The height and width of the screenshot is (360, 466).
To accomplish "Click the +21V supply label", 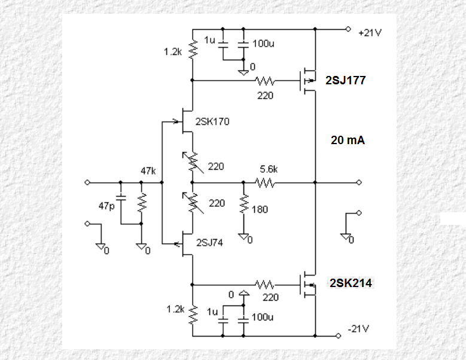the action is [370, 33].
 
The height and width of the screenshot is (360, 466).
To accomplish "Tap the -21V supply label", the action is [358, 329].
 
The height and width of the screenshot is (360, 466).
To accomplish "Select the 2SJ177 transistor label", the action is [345, 81].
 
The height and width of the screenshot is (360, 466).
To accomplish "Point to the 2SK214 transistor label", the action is [351, 283].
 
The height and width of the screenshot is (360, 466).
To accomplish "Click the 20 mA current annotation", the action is [348, 140].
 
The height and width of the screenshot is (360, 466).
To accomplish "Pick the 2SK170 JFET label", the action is [212, 121].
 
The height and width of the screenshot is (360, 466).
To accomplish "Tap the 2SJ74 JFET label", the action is [209, 243].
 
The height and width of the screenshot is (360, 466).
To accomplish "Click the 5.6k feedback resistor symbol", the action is [265, 182].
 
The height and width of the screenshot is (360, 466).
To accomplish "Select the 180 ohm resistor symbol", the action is [243, 204].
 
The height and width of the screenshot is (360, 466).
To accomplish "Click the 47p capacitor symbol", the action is [121, 198].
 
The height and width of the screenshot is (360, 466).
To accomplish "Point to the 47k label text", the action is [148, 171].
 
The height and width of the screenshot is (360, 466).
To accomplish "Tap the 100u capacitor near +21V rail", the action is [243, 45].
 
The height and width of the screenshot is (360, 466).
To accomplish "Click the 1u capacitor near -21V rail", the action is [223, 321].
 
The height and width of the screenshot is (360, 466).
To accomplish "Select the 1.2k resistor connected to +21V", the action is [193, 49].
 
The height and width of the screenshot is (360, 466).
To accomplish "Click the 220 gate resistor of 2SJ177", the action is [265, 81].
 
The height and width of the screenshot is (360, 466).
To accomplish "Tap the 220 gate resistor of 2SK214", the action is [265, 285].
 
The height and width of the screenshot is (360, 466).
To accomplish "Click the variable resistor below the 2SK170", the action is [193, 162].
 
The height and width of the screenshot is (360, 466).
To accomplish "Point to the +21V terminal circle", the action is [348, 29].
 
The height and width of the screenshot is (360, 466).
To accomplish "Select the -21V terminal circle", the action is [338, 336].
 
